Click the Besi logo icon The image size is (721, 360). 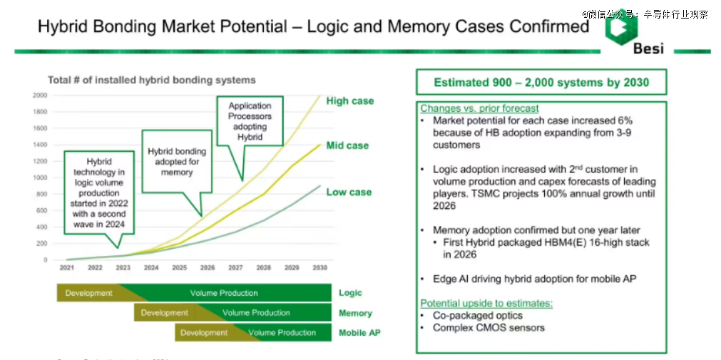coord(618,29)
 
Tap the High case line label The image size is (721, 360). coord(349,101)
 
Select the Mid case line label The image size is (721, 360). coord(347,145)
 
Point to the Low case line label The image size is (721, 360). coord(349,192)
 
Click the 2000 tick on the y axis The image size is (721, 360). coord(39,95)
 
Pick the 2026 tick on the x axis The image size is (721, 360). coord(207,268)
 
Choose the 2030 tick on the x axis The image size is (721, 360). coord(319,268)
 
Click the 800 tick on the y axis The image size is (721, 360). coord(41,194)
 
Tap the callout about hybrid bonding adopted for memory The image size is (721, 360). coord(177,162)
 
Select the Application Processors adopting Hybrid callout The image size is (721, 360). coord(250,121)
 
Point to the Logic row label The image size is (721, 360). coord(350,293)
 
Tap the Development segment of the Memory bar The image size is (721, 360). coord(164,313)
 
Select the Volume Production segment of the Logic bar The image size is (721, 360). coord(224,293)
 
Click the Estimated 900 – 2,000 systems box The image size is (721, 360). coord(541,83)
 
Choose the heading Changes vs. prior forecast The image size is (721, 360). coord(479,109)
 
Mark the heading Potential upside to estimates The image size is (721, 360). coord(486,303)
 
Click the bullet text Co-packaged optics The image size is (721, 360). coord(477,315)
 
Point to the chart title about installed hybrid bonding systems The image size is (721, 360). coord(151,80)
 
